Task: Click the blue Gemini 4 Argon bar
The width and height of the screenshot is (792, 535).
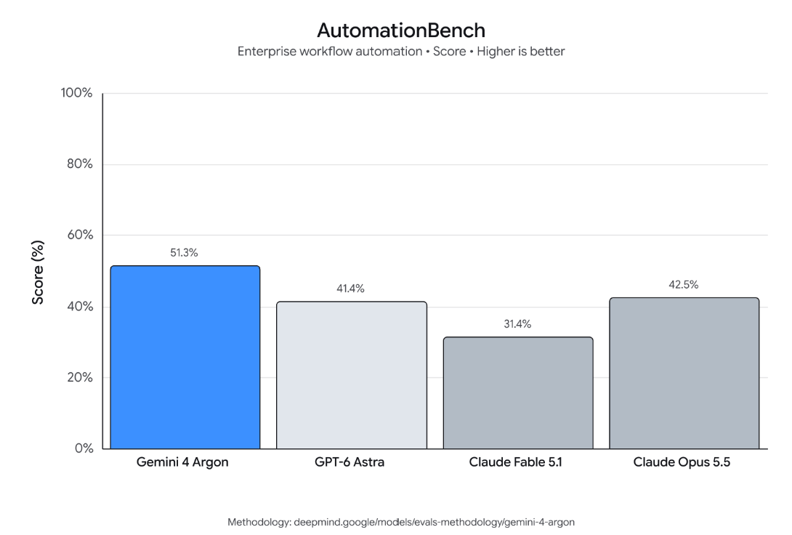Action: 185,357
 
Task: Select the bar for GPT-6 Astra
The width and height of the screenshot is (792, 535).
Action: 352,375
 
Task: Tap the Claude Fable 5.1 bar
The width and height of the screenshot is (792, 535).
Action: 518,393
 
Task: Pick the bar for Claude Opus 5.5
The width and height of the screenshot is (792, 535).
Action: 684,373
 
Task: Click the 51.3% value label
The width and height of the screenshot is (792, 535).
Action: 184,252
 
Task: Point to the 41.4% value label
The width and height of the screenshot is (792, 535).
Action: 350,289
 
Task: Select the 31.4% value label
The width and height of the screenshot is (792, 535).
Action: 517,323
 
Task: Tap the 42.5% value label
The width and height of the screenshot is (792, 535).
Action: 684,285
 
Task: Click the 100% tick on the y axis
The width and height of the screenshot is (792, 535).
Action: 77,93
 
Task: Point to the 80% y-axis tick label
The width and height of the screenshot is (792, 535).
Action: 80,164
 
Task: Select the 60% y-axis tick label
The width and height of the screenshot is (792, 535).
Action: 80,235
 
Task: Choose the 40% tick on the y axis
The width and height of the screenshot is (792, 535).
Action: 80,306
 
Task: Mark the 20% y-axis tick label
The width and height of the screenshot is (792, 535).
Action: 80,377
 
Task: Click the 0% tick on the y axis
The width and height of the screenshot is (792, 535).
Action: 84,448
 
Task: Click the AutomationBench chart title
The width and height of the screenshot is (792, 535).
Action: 401,31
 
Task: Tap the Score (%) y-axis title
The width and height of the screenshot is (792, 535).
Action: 38,273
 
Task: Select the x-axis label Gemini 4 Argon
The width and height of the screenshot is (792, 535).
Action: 182,462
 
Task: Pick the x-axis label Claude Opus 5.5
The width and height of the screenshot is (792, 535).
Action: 682,462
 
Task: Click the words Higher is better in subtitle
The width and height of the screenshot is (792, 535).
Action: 521,52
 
